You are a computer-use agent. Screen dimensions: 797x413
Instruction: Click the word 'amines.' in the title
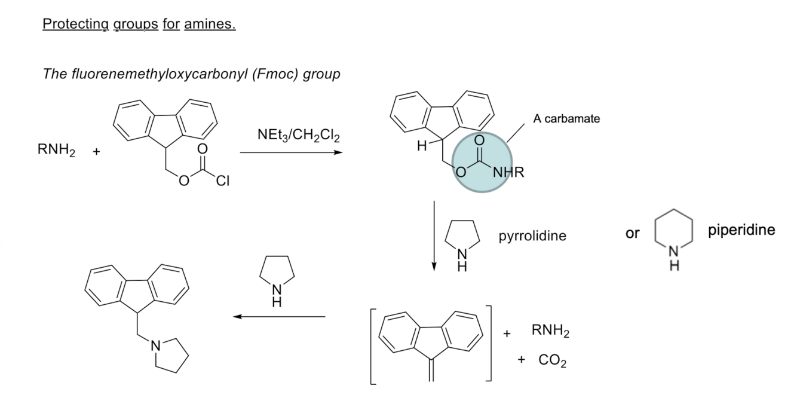[x=210, y=24]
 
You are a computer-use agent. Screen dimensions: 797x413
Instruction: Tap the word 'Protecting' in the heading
[x=75, y=25]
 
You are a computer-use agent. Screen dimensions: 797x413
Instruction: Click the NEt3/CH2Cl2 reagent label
[x=299, y=135]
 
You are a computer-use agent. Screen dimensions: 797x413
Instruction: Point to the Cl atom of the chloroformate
[x=223, y=181]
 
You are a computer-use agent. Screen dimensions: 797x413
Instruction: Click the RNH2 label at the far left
[x=56, y=149]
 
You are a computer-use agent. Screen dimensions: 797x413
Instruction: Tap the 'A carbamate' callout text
[x=566, y=118]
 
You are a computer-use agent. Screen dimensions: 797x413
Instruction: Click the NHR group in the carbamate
[x=508, y=172]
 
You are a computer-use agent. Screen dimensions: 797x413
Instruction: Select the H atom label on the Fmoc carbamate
[x=422, y=146]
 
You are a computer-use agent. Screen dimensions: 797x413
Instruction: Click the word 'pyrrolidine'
[x=532, y=236]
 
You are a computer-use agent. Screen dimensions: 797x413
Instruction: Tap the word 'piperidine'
[x=741, y=230]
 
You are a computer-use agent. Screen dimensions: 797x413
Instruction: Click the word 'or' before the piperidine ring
[x=632, y=233]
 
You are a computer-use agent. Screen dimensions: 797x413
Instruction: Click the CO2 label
[x=552, y=360]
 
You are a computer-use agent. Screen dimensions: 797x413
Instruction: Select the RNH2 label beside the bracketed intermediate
[x=550, y=331]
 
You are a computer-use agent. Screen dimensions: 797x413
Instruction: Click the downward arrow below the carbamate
[x=434, y=235]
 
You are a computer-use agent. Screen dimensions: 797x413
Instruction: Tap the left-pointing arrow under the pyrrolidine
[x=279, y=317]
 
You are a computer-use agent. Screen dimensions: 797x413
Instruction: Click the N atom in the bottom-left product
[x=155, y=345]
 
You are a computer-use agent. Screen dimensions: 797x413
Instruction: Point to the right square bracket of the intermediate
[x=489, y=343]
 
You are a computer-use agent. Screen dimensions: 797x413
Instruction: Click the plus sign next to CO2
[x=521, y=360]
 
